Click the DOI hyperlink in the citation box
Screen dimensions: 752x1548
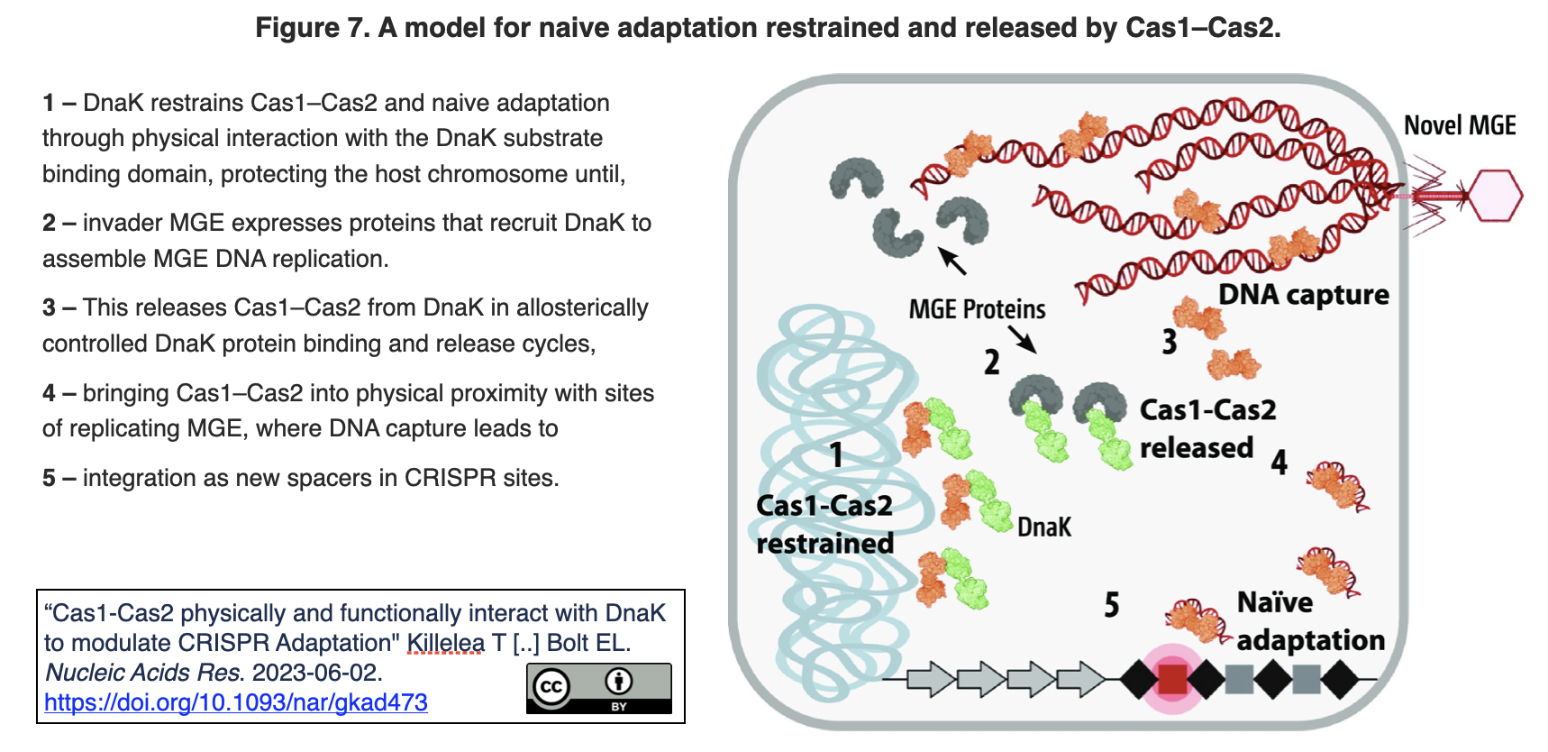(235, 702)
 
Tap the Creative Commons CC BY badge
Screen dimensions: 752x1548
(598, 688)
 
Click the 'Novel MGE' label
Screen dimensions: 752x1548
(1460, 125)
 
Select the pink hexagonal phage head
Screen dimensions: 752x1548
(1494, 196)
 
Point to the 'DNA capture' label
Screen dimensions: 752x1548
(1303, 295)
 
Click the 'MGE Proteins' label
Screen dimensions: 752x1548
(977, 309)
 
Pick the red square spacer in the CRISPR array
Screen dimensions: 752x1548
(1171, 679)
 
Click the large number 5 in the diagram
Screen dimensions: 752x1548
(1112, 604)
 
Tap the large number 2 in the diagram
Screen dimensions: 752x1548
(991, 362)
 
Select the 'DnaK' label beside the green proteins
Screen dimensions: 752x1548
(1044, 527)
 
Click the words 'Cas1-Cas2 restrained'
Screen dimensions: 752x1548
(824, 525)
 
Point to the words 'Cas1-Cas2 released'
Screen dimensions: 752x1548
(1207, 429)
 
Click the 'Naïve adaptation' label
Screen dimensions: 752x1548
(1309, 621)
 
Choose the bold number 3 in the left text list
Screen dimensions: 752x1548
(49, 308)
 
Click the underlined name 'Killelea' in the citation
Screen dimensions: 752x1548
(445, 643)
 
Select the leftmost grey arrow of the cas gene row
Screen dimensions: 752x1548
(930, 679)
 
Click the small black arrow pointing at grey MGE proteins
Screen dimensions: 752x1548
(952, 261)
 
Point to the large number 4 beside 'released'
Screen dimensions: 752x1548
(1279, 463)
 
